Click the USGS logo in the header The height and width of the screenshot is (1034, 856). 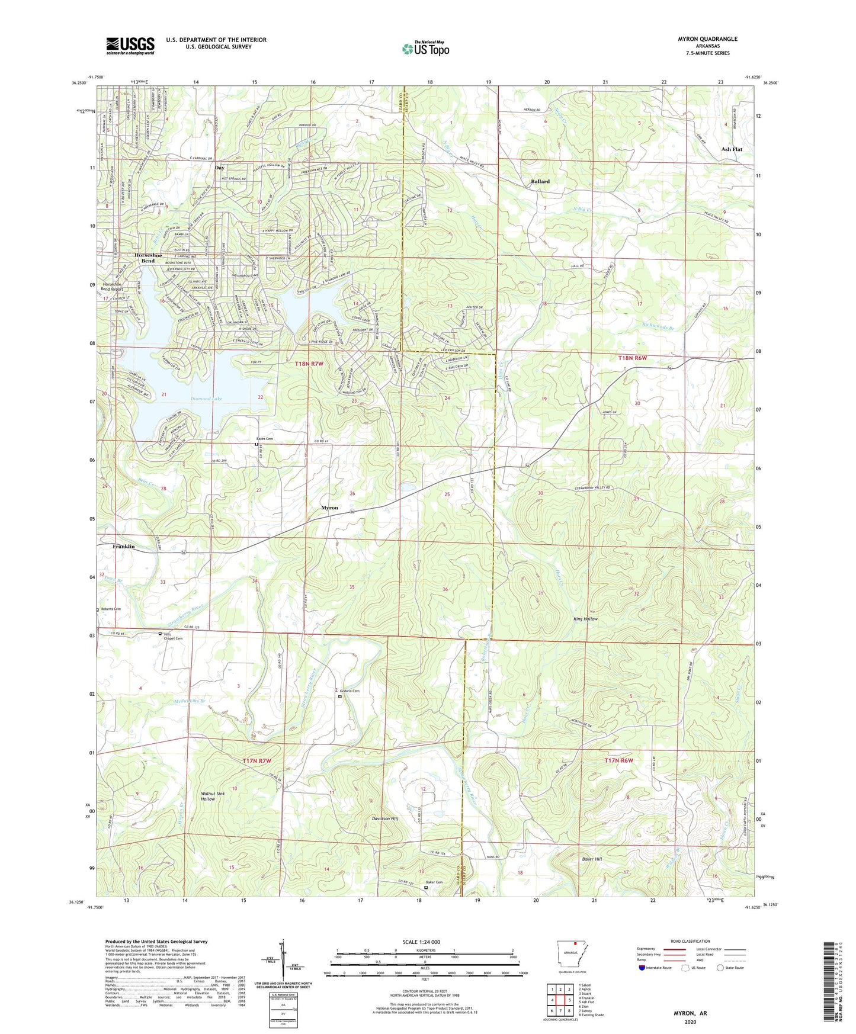pyautogui.click(x=130, y=46)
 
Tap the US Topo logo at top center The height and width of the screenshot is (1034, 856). pyautogui.click(x=425, y=49)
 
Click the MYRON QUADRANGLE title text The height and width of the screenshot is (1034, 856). pyautogui.click(x=708, y=39)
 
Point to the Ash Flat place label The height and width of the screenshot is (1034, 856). pyautogui.click(x=732, y=149)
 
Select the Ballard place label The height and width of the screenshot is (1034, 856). pyautogui.click(x=540, y=182)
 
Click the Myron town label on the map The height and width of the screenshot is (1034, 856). pyautogui.click(x=329, y=508)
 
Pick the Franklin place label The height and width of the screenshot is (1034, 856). pyautogui.click(x=124, y=547)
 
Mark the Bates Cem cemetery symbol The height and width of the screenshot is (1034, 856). pyautogui.click(x=257, y=444)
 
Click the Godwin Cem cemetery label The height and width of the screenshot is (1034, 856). pyautogui.click(x=350, y=691)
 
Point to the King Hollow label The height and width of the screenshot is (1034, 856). pyautogui.click(x=585, y=619)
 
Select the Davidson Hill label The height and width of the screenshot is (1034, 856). pyautogui.click(x=385, y=818)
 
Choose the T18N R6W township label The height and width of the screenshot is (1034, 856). pyautogui.click(x=632, y=358)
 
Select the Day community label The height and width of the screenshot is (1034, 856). pyautogui.click(x=219, y=168)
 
